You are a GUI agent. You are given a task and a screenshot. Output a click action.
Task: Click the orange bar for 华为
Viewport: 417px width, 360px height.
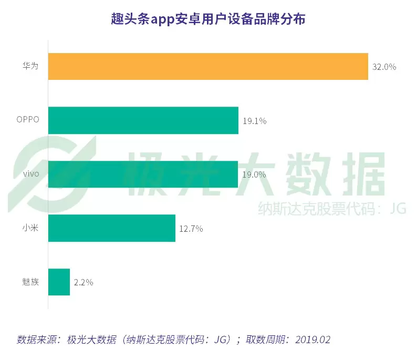208,67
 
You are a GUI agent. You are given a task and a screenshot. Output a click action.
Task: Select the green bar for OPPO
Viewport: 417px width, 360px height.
143,120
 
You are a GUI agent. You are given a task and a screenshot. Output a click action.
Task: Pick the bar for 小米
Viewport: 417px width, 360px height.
112,228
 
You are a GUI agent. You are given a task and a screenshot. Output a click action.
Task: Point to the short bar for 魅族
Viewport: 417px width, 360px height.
59,282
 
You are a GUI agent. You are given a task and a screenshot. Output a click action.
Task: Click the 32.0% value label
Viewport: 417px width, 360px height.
384,67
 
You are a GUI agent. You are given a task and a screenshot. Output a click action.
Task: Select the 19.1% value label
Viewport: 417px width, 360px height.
254,121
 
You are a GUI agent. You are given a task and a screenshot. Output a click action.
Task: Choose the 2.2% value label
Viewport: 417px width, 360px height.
84,283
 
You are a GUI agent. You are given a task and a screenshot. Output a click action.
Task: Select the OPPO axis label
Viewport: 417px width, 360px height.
27,120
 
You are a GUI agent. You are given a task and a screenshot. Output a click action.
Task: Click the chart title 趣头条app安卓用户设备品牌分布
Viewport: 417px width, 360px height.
208,20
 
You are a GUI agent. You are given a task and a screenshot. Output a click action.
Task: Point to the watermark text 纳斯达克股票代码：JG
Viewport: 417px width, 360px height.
332,209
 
